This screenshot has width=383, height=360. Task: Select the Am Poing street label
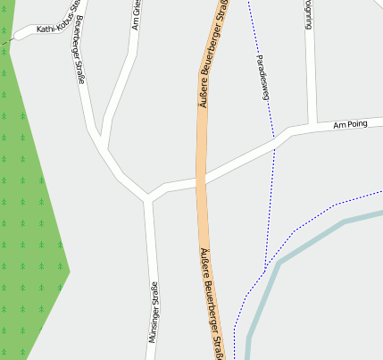350,126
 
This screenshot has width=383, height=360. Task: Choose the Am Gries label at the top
136,16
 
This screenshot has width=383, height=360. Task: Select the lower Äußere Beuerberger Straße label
213,304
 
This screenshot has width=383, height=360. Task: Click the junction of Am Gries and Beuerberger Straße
105,147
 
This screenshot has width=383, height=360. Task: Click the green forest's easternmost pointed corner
70,269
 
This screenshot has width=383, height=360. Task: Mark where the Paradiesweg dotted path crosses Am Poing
273,144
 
